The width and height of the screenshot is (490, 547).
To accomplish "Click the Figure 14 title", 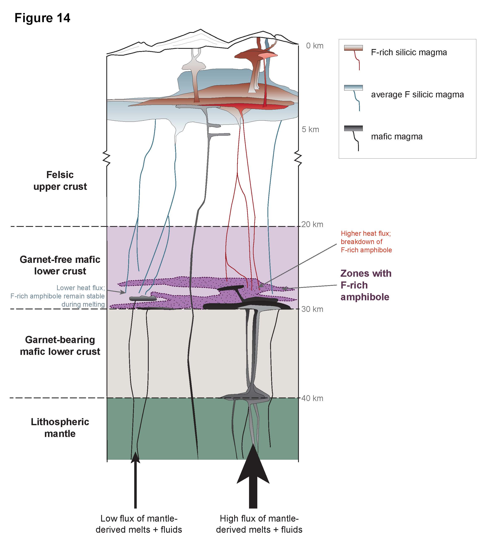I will [42, 18].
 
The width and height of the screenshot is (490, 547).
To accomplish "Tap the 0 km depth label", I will [314, 46].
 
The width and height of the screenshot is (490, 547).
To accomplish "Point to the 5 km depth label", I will [310, 129].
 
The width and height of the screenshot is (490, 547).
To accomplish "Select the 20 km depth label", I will [312, 224].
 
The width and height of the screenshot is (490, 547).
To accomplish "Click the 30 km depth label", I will [312, 309].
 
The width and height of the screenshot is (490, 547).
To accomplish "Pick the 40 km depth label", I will [312, 398].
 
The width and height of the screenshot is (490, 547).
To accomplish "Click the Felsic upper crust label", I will [60, 181].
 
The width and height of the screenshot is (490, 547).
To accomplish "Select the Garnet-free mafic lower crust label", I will [60, 265].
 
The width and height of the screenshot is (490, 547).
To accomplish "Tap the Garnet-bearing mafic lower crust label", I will [60, 346].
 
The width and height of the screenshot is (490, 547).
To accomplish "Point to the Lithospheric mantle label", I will [60, 428].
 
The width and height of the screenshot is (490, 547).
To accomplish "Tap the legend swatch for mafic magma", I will [353, 129].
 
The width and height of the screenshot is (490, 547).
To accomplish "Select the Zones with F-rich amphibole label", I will [366, 285].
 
